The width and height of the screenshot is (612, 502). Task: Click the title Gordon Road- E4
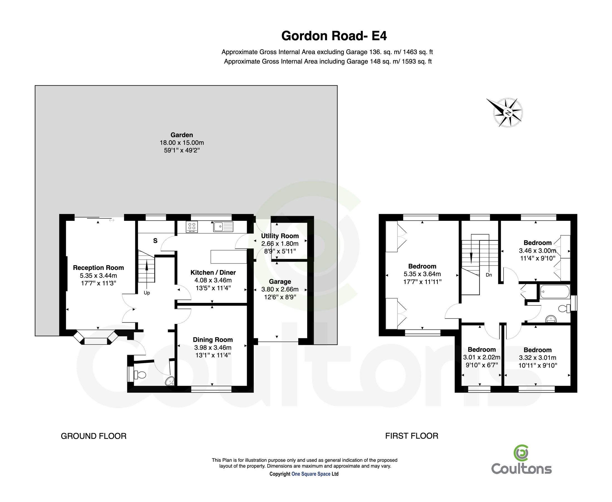334,36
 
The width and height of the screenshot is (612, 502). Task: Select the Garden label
181,135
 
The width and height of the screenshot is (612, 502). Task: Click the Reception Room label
98,268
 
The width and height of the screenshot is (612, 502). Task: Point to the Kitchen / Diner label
213,272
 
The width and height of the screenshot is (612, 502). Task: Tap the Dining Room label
213,340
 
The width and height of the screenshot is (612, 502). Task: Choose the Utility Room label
280,236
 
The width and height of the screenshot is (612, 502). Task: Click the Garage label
280,282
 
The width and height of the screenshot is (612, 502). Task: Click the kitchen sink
223,226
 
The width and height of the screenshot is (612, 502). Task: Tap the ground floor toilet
140,375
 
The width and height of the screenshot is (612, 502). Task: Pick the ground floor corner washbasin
170,381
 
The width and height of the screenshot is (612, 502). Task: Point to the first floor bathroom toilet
564,308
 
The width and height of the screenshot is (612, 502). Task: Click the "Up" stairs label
147,293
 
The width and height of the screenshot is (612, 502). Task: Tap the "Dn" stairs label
489,275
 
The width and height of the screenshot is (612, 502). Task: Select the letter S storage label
155,241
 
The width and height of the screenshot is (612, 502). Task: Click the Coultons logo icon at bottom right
521,453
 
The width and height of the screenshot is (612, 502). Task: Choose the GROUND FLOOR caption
94,436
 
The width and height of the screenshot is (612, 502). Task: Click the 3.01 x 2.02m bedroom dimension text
481,358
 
